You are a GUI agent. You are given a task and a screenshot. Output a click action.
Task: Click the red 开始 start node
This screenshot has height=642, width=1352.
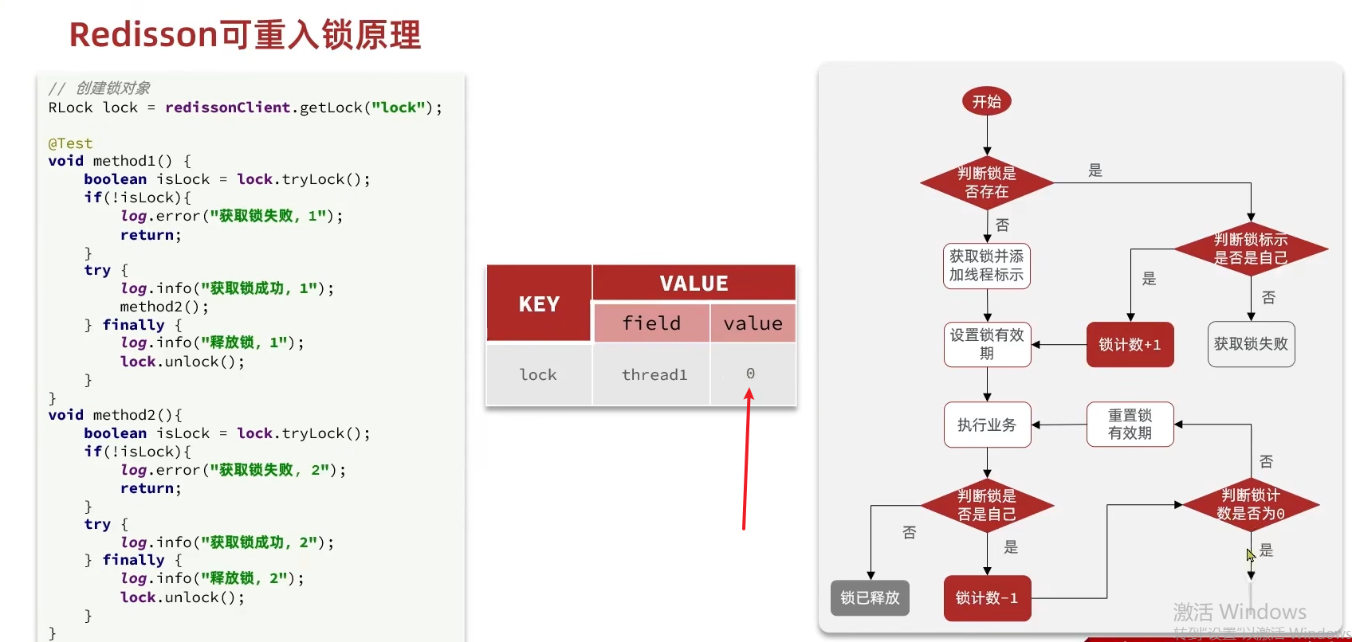[986, 102]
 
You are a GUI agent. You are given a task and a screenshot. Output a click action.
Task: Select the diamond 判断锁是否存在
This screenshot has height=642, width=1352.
[986, 183]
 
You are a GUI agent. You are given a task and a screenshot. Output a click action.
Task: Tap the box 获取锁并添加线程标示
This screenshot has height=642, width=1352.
[986, 266]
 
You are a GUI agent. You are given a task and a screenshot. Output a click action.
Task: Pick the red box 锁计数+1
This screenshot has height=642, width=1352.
[1130, 344]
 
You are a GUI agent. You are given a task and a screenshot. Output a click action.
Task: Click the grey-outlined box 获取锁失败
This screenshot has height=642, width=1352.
[1251, 344]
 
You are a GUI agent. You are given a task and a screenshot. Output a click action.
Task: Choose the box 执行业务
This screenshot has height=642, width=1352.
[987, 425]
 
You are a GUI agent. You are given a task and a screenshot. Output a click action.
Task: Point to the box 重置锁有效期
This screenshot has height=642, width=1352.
[1130, 425]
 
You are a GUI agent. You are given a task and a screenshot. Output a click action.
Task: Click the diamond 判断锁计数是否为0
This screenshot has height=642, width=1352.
[1251, 505]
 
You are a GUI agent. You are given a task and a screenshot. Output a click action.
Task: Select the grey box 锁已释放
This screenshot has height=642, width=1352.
[870, 598]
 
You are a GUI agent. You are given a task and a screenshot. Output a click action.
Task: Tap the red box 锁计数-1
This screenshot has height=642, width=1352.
[987, 598]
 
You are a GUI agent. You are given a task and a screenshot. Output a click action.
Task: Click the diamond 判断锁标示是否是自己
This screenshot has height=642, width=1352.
[1251, 249]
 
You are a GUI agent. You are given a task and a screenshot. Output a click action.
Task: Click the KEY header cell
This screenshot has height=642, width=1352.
[539, 303]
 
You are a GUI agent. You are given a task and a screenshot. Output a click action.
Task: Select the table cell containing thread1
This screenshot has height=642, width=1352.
[654, 374]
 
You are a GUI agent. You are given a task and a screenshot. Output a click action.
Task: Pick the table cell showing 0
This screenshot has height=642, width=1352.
[751, 374]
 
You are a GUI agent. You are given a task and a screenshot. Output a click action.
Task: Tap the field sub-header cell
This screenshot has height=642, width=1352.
[651, 323]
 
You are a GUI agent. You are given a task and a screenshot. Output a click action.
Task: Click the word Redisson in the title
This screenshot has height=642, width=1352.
[143, 35]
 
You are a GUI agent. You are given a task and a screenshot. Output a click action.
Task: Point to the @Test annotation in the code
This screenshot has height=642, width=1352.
[70, 143]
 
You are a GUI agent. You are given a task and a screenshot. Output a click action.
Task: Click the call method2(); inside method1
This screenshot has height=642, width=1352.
[164, 307]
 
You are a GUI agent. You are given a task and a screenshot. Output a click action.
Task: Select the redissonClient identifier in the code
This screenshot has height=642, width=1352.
[227, 108]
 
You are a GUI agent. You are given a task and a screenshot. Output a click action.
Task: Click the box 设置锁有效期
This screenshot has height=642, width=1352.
[987, 344]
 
